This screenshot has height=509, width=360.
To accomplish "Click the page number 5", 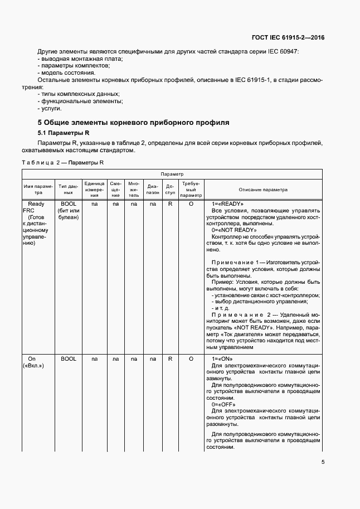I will pos(323,462).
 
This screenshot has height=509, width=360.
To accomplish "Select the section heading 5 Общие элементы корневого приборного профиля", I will pos(133,122).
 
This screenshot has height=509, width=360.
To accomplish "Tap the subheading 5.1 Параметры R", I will pos(63,134).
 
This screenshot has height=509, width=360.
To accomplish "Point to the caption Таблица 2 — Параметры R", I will pos(62,162).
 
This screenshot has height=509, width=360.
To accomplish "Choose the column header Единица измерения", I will pos(95,190).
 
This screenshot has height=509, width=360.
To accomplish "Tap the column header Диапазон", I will pos(153,190).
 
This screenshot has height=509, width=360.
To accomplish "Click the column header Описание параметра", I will pos(264,190).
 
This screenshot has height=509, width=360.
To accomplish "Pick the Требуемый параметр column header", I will pos(191,190).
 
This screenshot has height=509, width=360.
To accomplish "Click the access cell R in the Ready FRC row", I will pos(170,205).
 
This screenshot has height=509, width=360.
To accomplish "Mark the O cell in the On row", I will pos(191,359).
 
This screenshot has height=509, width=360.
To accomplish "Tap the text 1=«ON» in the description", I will pos(222,359).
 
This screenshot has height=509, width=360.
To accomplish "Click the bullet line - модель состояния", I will pos(66,73).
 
